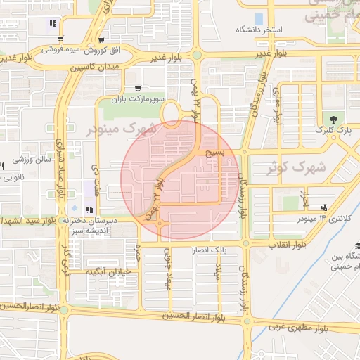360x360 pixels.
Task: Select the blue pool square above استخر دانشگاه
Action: [259, 18]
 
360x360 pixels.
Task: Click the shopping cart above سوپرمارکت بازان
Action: [146, 88]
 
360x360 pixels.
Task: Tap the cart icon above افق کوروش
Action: [102, 40]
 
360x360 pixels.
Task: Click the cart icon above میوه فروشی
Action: [61, 39]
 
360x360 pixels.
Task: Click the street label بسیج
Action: [214, 153]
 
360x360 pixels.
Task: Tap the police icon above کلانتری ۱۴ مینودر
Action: [324, 207]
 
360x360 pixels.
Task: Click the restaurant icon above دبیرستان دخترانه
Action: [89, 210]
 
